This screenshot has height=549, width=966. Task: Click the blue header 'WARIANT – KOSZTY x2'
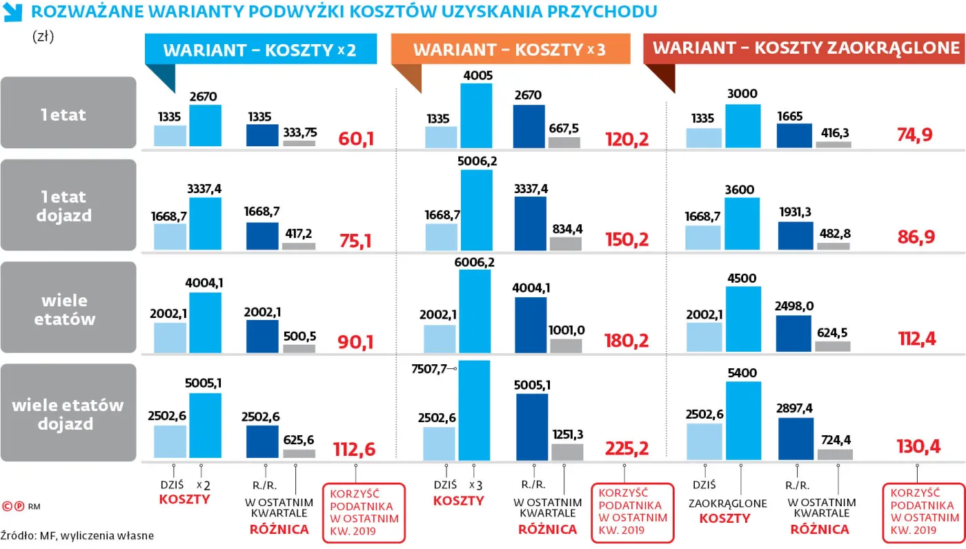[x=260, y=50]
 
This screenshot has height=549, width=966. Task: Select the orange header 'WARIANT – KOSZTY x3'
[x=510, y=50]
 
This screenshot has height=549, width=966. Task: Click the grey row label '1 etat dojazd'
[x=68, y=206]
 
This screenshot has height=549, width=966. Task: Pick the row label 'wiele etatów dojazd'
[x=68, y=414]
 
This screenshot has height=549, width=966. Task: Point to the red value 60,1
[x=356, y=139]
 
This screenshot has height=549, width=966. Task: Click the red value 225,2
[x=627, y=449]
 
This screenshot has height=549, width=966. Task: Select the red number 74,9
[x=915, y=134]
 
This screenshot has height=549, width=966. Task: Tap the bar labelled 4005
[x=476, y=115]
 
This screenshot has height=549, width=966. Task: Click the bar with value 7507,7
[x=473, y=409]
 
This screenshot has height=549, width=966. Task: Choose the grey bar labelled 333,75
[x=299, y=143]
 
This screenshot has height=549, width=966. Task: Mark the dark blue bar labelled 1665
[x=793, y=136]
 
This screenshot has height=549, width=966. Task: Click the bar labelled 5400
[x=744, y=420]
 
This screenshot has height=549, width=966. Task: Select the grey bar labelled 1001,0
[x=566, y=346]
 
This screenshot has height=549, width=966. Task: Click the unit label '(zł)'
[x=43, y=37]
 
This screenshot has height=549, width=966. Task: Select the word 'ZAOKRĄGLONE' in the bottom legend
[x=727, y=503]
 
